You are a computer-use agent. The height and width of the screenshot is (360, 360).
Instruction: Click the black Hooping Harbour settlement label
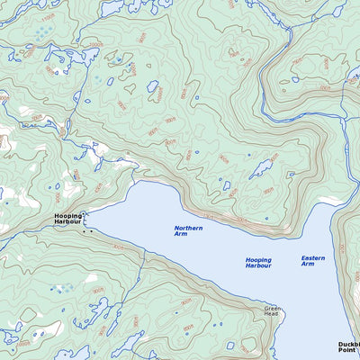coord(67,219)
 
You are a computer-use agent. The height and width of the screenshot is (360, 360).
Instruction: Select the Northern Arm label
coord(188,231)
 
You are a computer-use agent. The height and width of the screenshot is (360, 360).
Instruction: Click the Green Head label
coord(274,312)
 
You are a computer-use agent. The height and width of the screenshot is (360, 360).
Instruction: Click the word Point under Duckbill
coord(347,352)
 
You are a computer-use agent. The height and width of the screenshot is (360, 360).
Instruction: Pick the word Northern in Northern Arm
coord(188,228)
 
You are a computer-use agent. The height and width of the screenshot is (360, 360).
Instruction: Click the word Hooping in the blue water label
coord(258,260)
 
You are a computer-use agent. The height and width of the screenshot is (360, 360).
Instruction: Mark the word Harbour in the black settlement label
coord(67,222)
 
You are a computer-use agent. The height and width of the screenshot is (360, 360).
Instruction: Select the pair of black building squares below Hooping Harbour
coord(87,231)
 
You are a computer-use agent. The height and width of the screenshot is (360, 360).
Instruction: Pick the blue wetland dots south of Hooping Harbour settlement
coord(61,289)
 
